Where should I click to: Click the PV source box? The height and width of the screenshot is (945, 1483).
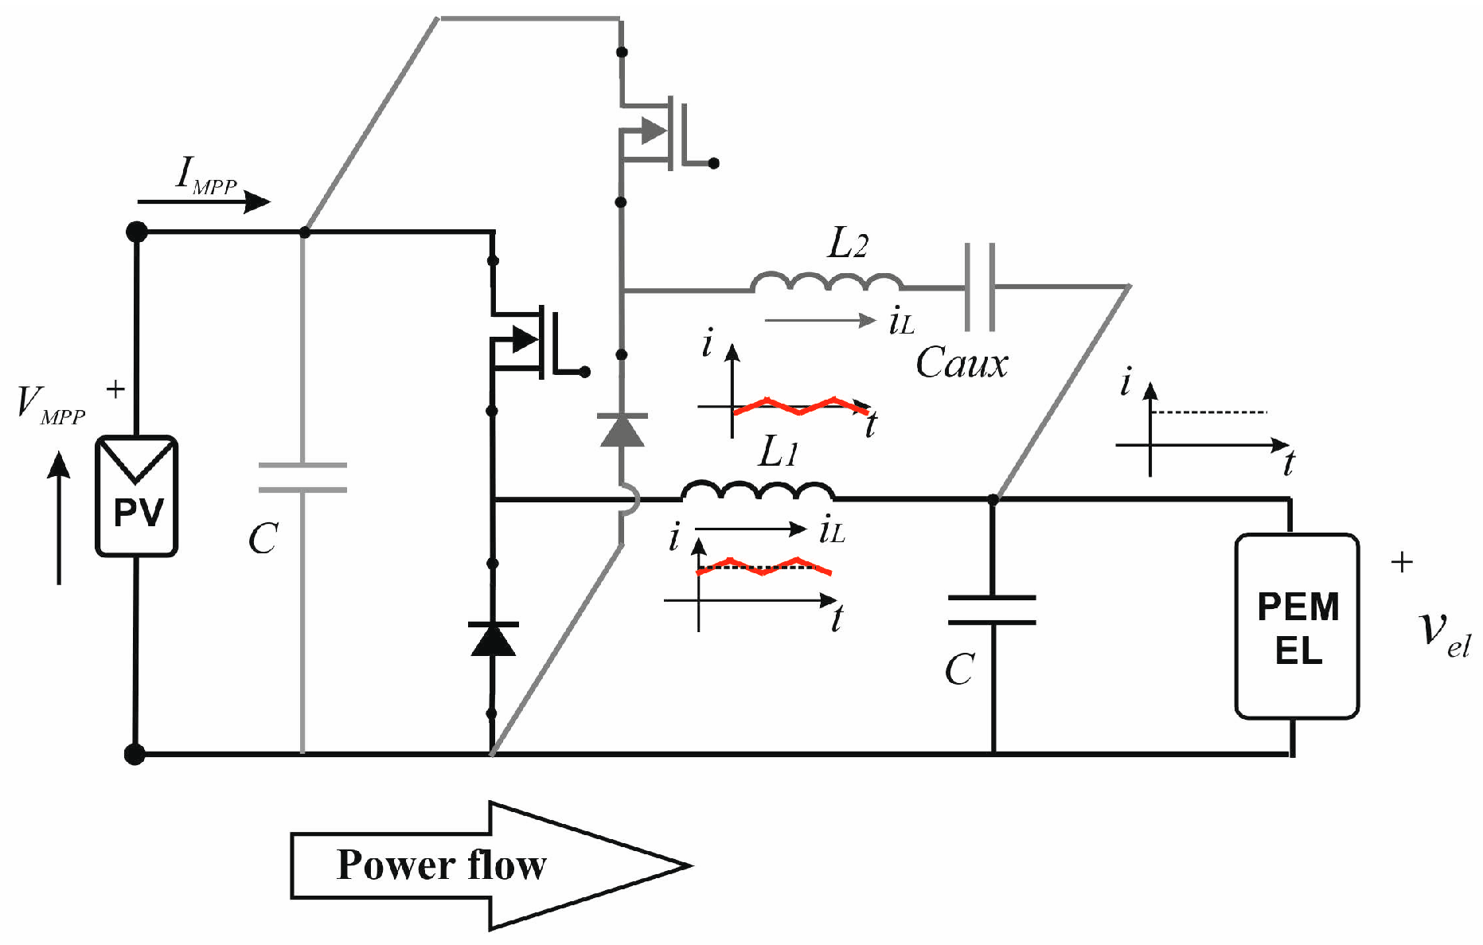(137, 495)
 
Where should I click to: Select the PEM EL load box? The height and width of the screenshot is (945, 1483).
(1297, 627)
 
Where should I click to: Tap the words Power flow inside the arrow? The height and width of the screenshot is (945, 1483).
(441, 865)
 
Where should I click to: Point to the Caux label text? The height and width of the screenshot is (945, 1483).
(961, 364)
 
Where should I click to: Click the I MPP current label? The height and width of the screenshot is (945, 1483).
(205, 176)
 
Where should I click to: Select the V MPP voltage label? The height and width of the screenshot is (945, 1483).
(50, 405)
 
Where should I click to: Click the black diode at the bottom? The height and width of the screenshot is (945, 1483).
(494, 639)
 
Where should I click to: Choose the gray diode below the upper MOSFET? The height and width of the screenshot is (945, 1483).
(622, 431)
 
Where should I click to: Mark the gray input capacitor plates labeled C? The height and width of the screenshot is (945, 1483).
(302, 477)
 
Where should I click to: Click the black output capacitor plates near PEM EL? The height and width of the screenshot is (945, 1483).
(992, 610)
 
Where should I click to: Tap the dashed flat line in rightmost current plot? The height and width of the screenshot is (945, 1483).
(1208, 412)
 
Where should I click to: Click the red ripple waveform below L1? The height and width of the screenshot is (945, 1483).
(764, 567)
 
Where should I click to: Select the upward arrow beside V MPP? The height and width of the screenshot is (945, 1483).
(59, 517)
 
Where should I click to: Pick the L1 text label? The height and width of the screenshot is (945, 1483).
(777, 452)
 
